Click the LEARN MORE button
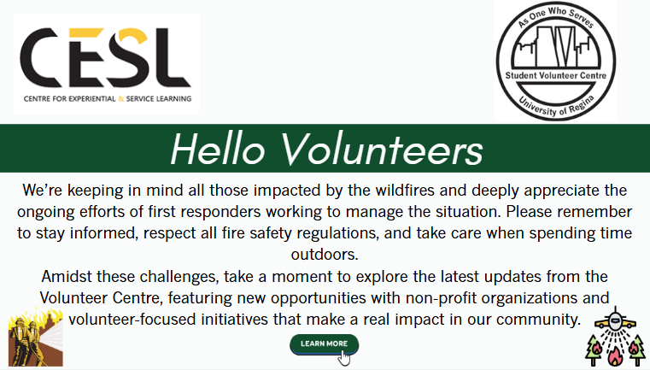click(325, 344)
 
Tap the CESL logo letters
click(105, 57)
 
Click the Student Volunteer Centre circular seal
click(556, 61)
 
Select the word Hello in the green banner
click(218, 149)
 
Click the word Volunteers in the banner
click(383, 149)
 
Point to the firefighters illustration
click(36, 338)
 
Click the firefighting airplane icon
click(615, 320)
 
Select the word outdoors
click(325, 255)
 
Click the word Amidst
click(67, 276)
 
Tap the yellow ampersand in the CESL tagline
click(121, 99)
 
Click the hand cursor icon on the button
click(343, 358)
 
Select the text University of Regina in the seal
click(556, 106)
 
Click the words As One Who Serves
click(556, 16)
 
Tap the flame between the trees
click(615, 355)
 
